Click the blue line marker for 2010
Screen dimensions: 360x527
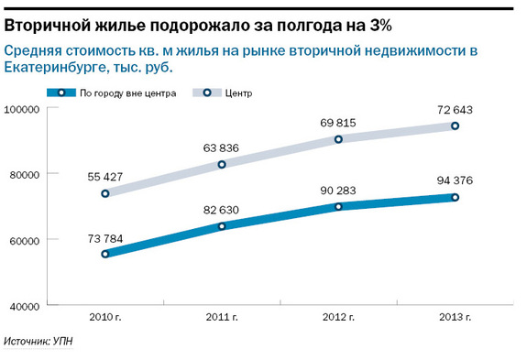click(106, 254)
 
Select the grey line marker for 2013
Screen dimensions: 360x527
click(454, 126)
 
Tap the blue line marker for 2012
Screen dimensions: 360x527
click(338, 207)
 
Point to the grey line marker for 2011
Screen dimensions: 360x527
click(222, 165)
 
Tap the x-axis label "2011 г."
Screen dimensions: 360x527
click(222, 318)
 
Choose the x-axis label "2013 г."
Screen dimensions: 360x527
click(454, 318)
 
